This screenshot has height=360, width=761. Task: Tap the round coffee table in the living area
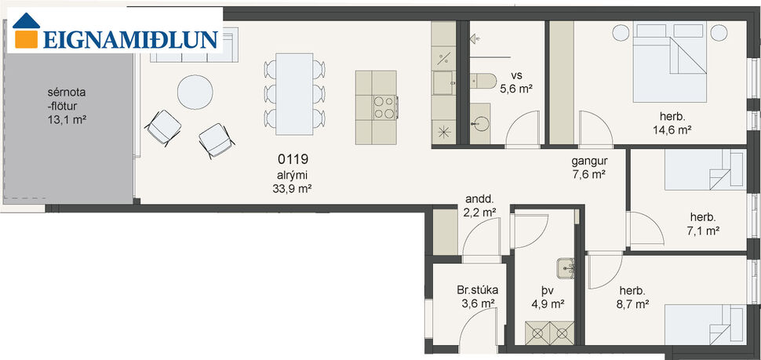point(194,92)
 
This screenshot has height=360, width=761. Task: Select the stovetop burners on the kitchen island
point(384,107)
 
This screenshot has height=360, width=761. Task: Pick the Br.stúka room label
point(478,289)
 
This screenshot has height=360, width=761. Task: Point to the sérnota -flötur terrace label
point(66,99)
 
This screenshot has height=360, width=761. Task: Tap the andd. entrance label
point(479,199)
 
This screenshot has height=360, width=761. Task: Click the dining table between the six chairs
point(293,92)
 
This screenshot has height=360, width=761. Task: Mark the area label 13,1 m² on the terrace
point(66,119)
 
